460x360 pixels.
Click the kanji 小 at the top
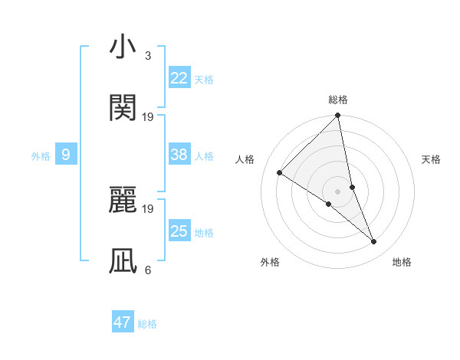pyautogui.click(x=123, y=47)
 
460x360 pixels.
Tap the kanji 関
pyautogui.click(x=123, y=108)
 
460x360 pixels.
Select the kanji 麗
pyautogui.click(x=123, y=201)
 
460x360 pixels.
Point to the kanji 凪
pyautogui.click(x=123, y=261)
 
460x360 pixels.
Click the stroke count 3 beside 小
pyautogui.click(x=147, y=56)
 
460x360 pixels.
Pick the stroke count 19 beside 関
pyautogui.click(x=148, y=116)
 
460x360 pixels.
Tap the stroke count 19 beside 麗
pyautogui.click(x=148, y=208)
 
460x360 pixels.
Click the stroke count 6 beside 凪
pyautogui.click(x=147, y=270)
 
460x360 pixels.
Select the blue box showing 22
pyautogui.click(x=179, y=78)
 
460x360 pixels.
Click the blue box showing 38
pyautogui.click(x=179, y=155)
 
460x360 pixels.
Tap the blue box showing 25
pyautogui.click(x=179, y=231)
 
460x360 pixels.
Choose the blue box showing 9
pyautogui.click(x=66, y=155)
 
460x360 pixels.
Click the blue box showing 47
pyautogui.click(x=123, y=322)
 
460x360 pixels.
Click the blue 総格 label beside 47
pyautogui.click(x=147, y=324)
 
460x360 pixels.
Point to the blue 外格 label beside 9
pyautogui.click(x=41, y=156)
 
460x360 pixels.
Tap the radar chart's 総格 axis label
pyautogui.click(x=337, y=100)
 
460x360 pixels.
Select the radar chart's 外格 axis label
pyautogui.click(x=270, y=263)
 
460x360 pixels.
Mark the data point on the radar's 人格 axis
pyautogui.click(x=280, y=172)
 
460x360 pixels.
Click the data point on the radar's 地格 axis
pyautogui.click(x=374, y=242)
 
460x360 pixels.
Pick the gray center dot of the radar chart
pyautogui.click(x=337, y=191)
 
